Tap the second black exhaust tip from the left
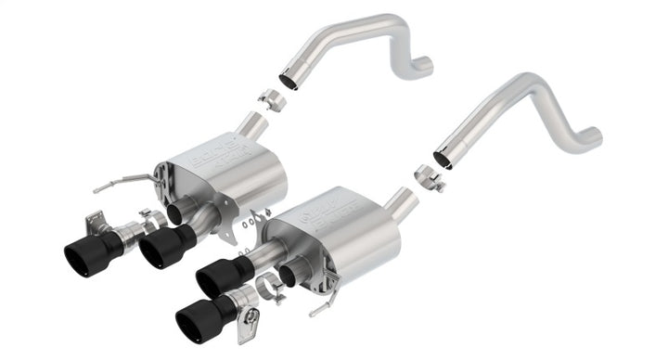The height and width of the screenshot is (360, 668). (x=161, y=246)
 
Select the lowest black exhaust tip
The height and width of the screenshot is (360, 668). (x=198, y=313)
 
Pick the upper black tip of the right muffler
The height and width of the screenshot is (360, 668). (x=215, y=275)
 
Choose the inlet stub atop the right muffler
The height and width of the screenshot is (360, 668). (x=402, y=199)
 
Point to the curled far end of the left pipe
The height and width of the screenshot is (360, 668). (x=423, y=65)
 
